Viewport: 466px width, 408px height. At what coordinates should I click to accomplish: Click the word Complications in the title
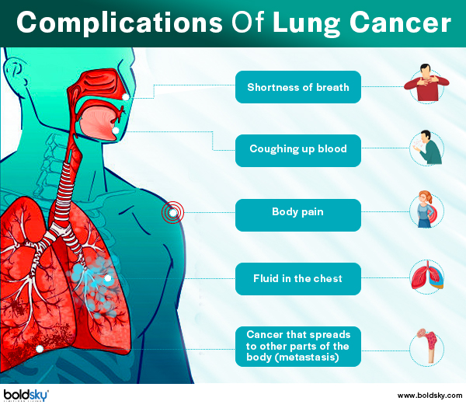[120, 23]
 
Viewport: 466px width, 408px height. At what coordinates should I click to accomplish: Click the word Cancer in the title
[400, 23]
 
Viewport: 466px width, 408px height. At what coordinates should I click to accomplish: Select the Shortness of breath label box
[298, 87]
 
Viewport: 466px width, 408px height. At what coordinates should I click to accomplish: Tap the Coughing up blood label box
[298, 151]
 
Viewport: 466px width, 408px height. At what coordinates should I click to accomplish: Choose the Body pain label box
[298, 215]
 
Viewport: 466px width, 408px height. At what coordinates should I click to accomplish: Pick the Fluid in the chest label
[298, 279]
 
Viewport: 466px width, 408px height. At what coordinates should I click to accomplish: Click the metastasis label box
[298, 347]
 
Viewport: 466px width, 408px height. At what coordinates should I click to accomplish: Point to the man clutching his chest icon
[426, 83]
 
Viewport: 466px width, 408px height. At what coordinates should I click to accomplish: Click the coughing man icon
[427, 147]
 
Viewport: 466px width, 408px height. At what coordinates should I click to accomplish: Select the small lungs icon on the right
[427, 276]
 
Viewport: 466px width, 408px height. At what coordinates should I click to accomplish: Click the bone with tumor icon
[428, 346]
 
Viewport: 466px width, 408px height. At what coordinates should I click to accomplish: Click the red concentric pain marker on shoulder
[172, 212]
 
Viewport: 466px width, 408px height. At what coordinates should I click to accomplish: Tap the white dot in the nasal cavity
[126, 97]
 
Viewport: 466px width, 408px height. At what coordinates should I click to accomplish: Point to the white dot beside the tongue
[116, 131]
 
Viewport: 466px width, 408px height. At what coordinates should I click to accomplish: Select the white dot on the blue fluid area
[108, 278]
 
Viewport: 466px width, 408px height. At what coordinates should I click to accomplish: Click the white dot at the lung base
[40, 349]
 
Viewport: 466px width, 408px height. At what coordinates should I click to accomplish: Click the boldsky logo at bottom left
[26, 396]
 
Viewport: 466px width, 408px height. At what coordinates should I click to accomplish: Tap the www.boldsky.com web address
[429, 396]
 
